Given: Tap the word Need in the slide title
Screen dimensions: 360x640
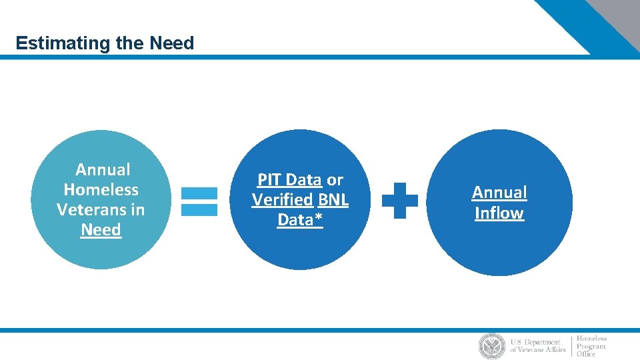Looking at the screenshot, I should point(172,44).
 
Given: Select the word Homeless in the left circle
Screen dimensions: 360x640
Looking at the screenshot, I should point(101,190).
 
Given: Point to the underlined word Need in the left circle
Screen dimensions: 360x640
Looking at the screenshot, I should point(101,230).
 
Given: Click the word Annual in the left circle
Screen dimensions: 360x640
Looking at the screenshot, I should point(103,170).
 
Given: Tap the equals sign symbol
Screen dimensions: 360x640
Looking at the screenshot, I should point(199,201).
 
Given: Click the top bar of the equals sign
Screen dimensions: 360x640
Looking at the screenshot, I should point(199,193).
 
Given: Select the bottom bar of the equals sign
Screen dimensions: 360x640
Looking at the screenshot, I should point(199,209).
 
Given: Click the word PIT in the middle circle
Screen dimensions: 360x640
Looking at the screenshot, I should point(270,180).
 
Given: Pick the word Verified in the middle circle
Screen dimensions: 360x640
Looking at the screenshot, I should point(283,200).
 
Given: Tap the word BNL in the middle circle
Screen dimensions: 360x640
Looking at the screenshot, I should point(333,200).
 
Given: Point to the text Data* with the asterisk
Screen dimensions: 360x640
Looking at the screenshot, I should point(300,220).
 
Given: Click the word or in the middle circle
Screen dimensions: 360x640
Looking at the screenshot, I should point(335,180).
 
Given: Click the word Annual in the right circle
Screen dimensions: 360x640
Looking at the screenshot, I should point(499,193).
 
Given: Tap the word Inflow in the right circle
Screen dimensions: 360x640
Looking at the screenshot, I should point(499,213).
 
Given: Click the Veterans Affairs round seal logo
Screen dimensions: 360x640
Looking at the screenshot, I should point(492,346).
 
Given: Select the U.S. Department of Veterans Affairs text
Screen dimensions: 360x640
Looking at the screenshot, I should point(537,346).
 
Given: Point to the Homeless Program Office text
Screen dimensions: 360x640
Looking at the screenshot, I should point(592,346).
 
